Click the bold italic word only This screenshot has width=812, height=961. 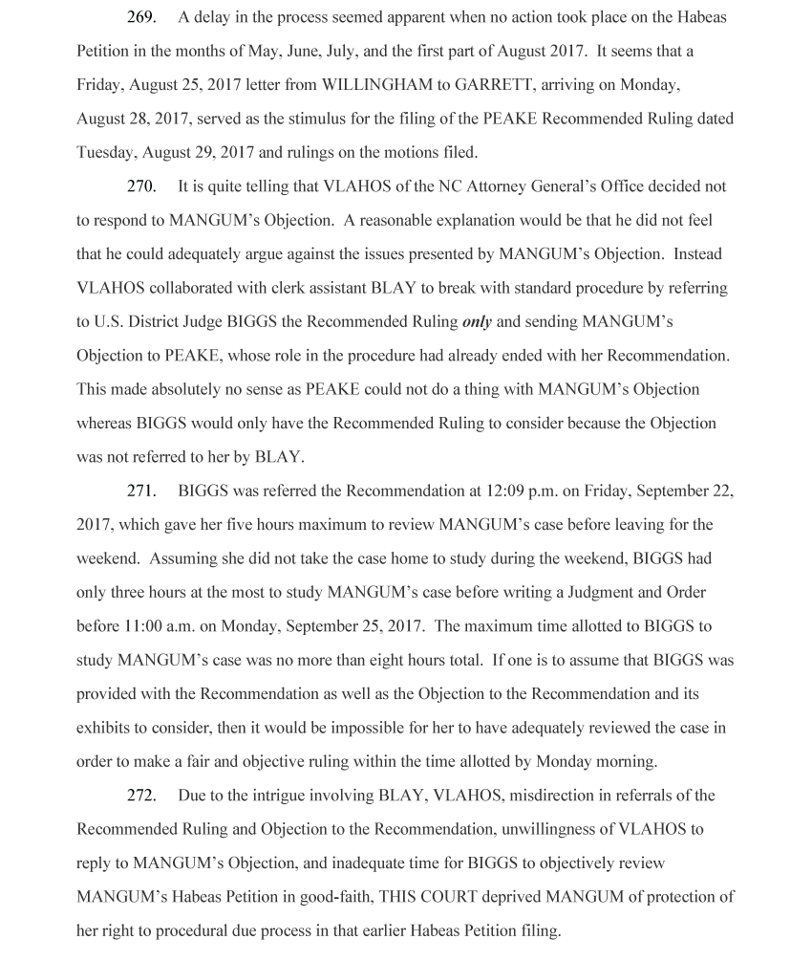click(x=477, y=321)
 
